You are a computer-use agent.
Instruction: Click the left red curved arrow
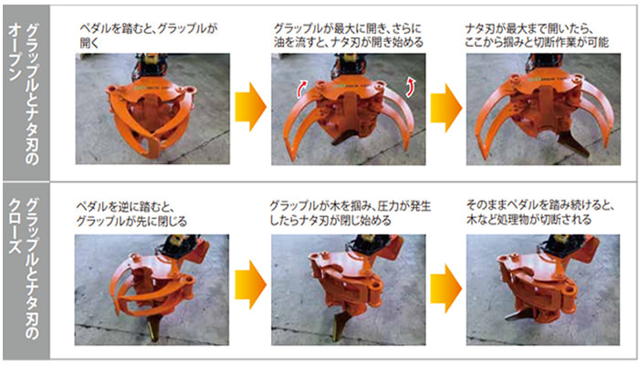pyautogui.click(x=302, y=89)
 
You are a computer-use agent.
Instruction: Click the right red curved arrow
pyautogui.click(x=409, y=89)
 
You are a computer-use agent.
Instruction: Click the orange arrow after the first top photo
pyautogui.click(x=250, y=107)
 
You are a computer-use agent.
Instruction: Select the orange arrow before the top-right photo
pyautogui.click(x=446, y=108)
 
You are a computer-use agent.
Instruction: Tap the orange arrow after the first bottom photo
pyautogui.click(x=250, y=285)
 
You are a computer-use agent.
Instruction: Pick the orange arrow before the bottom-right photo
pyautogui.click(x=446, y=288)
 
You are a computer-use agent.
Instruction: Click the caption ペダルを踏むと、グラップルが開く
pyautogui.click(x=148, y=36)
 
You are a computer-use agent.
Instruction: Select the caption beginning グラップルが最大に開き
pyautogui.click(x=349, y=36)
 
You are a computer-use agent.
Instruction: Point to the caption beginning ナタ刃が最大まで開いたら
pyautogui.click(x=537, y=36)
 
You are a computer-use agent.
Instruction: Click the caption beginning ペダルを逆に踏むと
pyautogui.click(x=131, y=214)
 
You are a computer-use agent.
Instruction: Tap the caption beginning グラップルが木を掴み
pyautogui.click(x=350, y=213)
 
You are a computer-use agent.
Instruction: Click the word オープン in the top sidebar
pyautogui.click(x=16, y=52)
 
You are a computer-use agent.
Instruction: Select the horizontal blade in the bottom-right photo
pyautogui.click(x=519, y=315)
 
